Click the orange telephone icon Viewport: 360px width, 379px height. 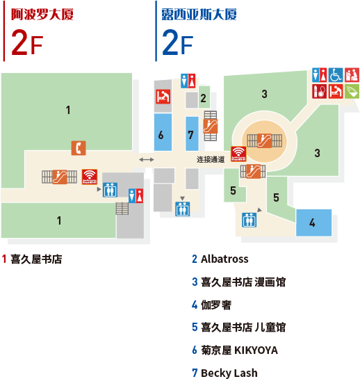coord(79,148)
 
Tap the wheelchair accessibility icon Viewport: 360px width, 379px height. coord(336,75)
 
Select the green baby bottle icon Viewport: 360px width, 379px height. coord(352,91)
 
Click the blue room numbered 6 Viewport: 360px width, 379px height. coord(163,132)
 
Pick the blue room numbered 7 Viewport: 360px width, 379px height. coord(192,134)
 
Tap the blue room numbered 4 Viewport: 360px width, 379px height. coord(314,223)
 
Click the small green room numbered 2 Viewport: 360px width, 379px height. coord(204,97)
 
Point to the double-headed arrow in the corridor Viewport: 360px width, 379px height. coord(147,159)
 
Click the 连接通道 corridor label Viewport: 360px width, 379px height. coord(211,159)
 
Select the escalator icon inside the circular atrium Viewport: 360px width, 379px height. coord(264,140)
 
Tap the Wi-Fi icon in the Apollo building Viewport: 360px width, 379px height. coord(90,177)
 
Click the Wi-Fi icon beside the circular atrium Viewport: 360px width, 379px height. coord(238,154)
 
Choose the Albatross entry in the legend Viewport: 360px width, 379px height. coord(220,259)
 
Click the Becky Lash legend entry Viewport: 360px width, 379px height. coord(225,373)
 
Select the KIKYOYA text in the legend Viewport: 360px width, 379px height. coord(256,350)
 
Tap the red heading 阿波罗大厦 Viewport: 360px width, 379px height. coord(42,15)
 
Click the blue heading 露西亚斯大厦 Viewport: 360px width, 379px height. coord(199,15)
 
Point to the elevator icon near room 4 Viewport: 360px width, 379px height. coord(249,220)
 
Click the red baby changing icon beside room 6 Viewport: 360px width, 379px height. coord(163,97)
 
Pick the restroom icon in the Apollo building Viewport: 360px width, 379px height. coord(136,196)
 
